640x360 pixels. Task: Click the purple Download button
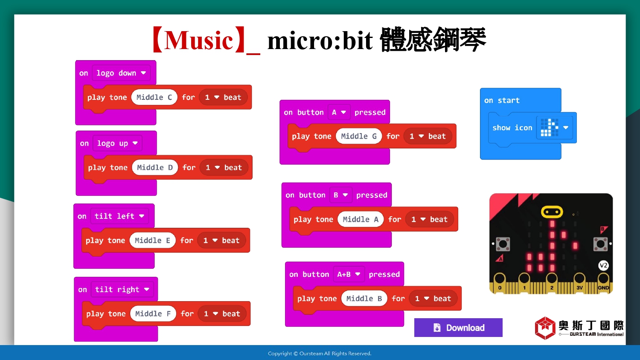point(458,328)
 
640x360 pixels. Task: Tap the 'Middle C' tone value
point(154,97)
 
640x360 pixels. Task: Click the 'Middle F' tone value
point(153,314)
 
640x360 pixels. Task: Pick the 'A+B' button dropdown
point(349,274)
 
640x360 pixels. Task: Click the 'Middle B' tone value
point(364,298)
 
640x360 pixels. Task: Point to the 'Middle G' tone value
point(359,136)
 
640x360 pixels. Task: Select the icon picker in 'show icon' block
point(555,128)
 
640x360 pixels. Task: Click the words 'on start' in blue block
point(502,100)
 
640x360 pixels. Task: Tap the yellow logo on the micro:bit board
point(552,212)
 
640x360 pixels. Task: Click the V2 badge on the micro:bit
point(603,265)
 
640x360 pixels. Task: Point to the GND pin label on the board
point(603,288)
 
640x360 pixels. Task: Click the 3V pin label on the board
point(579,288)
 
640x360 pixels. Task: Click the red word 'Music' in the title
point(199,40)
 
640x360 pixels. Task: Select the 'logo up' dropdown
point(117,143)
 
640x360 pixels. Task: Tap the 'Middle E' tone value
point(152,240)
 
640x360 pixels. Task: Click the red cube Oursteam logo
point(545,328)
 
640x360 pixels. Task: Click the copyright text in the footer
point(320,354)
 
